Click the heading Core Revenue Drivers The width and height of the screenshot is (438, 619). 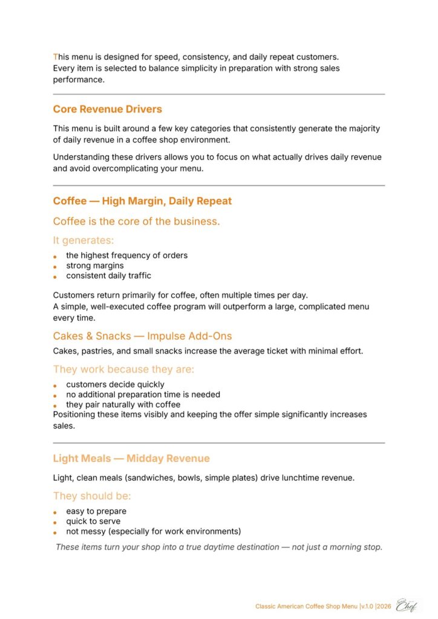pos(107,109)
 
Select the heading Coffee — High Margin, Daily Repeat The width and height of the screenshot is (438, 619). pos(142,201)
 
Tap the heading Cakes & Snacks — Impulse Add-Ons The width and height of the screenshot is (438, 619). pos(142,336)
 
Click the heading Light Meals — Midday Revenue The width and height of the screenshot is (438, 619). pos(131,459)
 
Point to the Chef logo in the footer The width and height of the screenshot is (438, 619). pos(406,605)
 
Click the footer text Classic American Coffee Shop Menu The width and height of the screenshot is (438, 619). pos(307,606)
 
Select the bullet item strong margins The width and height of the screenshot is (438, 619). pos(95,265)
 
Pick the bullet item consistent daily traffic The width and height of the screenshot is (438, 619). pos(109,276)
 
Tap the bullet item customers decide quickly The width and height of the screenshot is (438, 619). pos(115,384)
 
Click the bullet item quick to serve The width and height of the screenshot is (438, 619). pos(93,521)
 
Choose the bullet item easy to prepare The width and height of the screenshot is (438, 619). pos(96,511)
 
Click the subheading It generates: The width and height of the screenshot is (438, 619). pos(83,241)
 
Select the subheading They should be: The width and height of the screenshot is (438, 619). pos(92,496)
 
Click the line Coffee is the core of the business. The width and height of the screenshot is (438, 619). pos(136,221)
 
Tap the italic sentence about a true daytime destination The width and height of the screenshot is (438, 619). pos(218,547)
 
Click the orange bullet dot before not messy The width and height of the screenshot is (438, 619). pos(55,533)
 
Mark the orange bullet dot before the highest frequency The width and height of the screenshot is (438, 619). pos(55,256)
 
